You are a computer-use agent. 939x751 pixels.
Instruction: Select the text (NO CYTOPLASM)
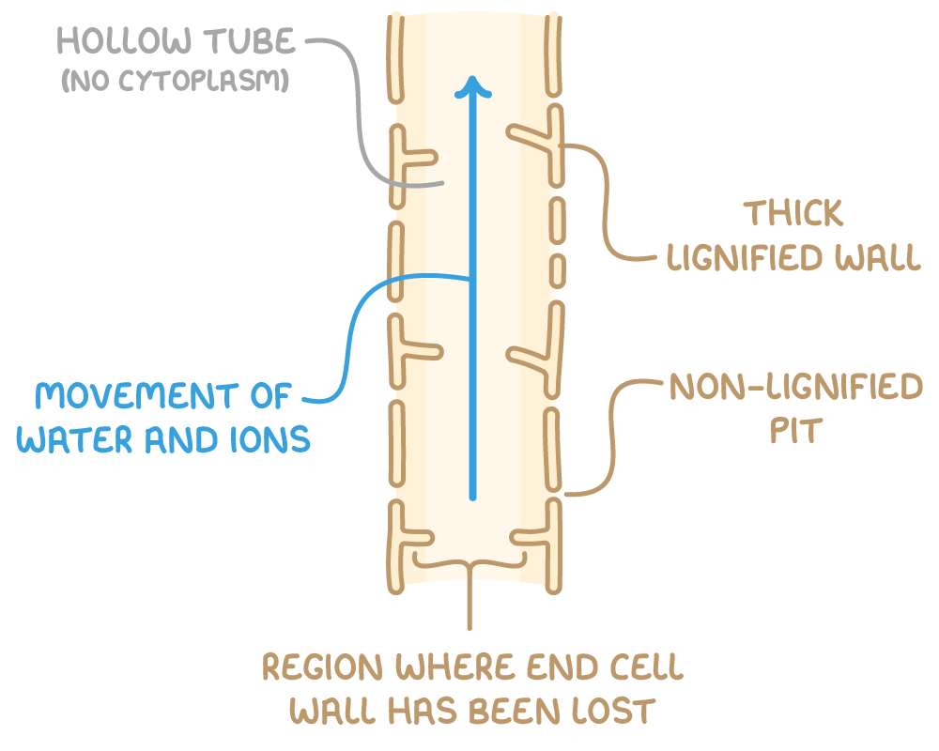(174, 83)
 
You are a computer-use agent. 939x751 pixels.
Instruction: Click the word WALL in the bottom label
(324, 711)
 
